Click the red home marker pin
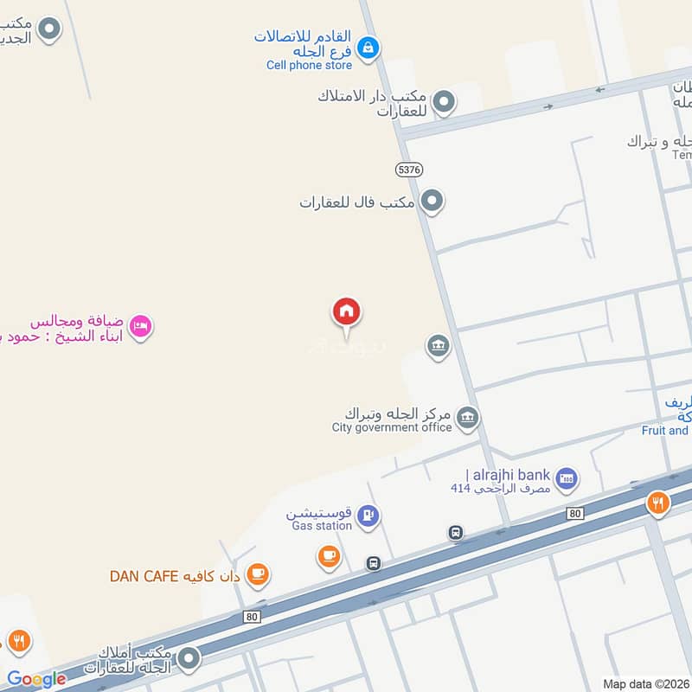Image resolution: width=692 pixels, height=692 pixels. [x=347, y=312]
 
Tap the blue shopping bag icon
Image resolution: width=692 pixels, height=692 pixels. [x=368, y=47]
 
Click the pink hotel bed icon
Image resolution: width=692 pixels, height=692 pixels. [x=140, y=326]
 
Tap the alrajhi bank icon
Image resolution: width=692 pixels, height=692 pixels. [x=567, y=477]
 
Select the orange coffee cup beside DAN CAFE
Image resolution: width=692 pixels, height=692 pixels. [x=257, y=573]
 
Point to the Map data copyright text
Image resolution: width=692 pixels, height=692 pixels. [x=645, y=683]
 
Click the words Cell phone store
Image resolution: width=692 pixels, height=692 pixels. [x=309, y=65]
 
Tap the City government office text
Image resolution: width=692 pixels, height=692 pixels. [x=392, y=426]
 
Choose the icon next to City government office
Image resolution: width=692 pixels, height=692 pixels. [x=468, y=419]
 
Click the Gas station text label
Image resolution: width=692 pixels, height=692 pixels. [x=321, y=525]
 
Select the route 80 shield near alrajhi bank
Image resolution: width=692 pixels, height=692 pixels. [x=575, y=514]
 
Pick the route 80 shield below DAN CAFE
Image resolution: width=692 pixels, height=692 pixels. [x=252, y=616]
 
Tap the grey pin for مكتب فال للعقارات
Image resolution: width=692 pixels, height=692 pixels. [x=432, y=202]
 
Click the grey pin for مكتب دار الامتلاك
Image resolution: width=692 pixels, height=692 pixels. [x=444, y=103]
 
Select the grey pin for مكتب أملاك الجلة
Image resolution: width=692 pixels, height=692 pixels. [x=189, y=660]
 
